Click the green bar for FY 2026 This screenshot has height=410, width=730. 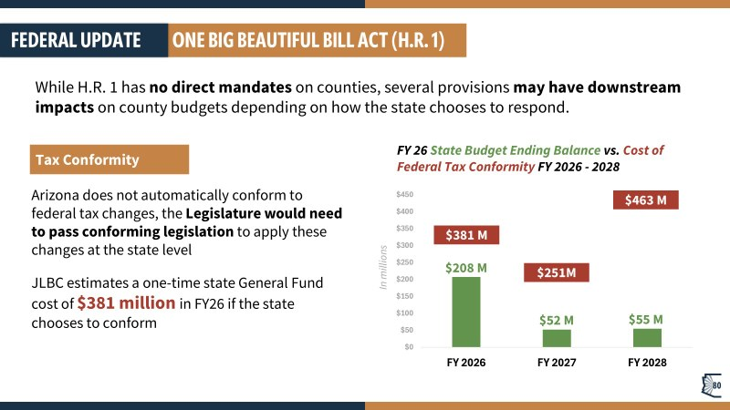(465, 311)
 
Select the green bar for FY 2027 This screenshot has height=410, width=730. (557, 337)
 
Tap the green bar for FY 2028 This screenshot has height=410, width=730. (647, 336)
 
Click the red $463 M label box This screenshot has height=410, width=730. (645, 200)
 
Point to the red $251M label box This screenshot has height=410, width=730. (556, 272)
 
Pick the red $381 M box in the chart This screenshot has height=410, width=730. (465, 235)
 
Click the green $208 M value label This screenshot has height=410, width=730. (465, 268)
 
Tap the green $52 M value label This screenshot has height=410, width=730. (557, 319)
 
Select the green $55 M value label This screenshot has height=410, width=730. (646, 319)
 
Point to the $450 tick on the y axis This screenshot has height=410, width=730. (403, 194)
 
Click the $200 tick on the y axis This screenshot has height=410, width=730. (403, 279)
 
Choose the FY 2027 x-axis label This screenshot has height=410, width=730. (557, 363)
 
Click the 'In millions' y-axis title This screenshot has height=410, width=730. (383, 268)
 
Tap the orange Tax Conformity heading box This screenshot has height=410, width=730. (109, 159)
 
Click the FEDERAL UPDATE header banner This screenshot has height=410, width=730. (77, 41)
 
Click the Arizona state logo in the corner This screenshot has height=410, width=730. (712, 386)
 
